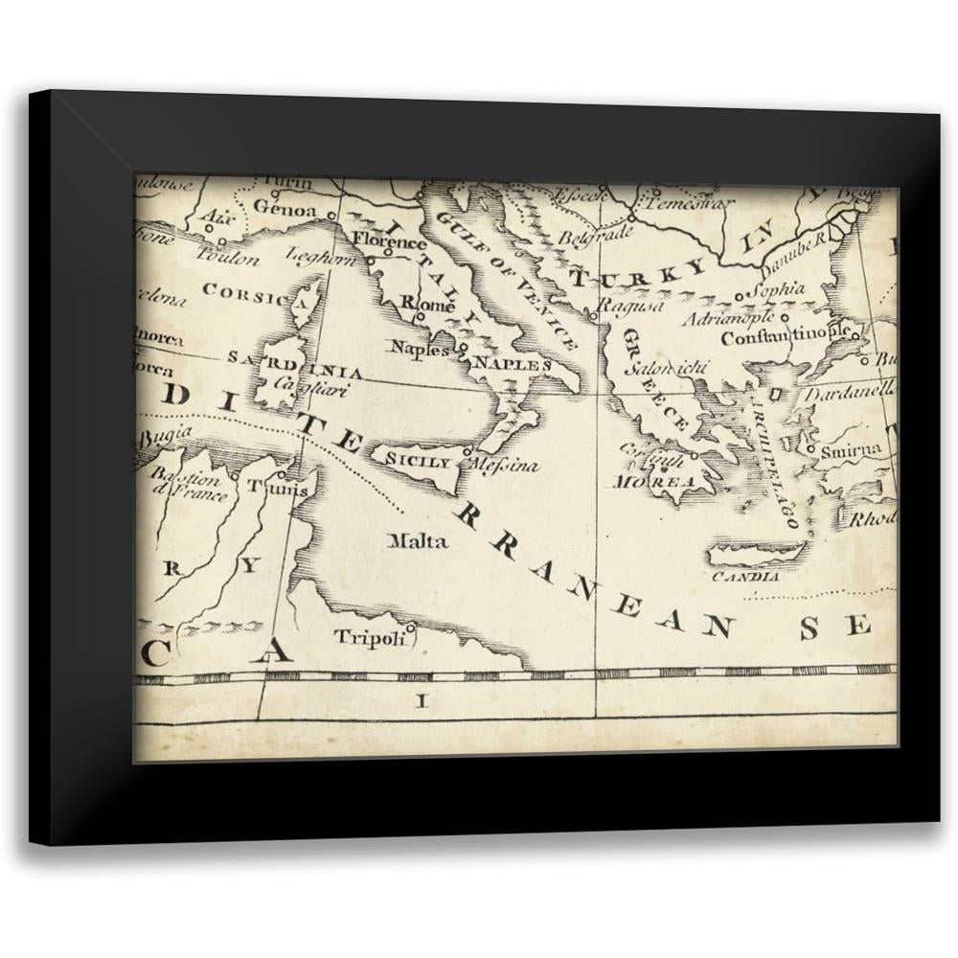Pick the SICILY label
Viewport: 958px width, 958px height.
click(418, 462)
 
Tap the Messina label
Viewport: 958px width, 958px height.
click(505, 466)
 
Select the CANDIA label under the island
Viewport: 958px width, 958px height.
click(746, 578)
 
